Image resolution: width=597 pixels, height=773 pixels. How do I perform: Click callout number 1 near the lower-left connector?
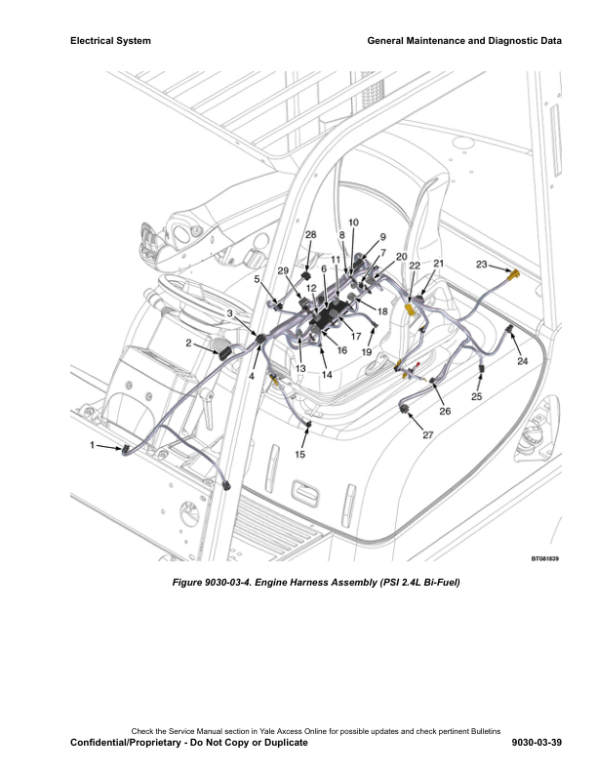point(94,445)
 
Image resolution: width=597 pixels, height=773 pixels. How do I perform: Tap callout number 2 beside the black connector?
point(188,343)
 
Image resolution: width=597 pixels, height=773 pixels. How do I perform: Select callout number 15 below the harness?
point(299,455)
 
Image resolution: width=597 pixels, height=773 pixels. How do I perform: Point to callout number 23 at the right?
point(482,264)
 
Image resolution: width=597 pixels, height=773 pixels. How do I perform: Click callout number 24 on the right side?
point(523,361)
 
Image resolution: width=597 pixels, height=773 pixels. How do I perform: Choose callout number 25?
point(477,396)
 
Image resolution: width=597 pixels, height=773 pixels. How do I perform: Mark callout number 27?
point(427,435)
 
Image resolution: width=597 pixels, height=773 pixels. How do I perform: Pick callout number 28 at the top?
point(311,235)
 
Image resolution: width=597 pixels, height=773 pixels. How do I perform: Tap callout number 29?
point(283,270)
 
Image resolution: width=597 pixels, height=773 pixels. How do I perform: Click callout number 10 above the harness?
point(352,224)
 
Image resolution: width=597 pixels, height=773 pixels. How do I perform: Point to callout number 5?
point(258,279)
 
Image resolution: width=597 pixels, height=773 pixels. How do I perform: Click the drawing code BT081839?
point(545,559)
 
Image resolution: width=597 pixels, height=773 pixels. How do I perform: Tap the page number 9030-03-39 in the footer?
point(536,743)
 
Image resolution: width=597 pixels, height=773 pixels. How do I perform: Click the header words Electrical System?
point(110,41)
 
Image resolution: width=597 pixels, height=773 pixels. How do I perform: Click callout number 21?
point(438,264)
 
